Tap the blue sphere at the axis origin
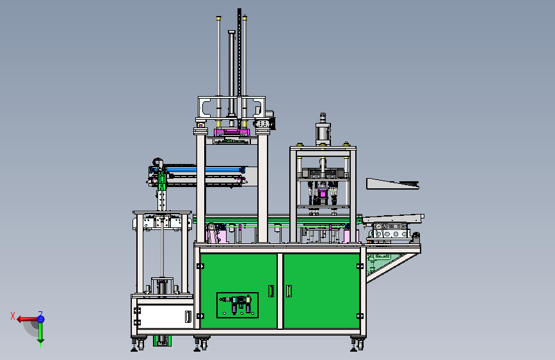[41, 319]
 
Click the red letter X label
[13, 316]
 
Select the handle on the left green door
[271, 291]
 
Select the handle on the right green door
[289, 291]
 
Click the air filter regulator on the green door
[237, 305]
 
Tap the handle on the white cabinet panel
[188, 316]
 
